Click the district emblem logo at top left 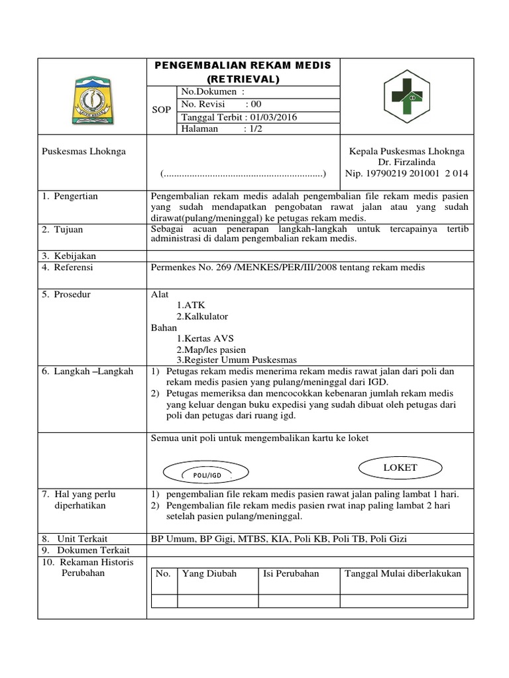pos(92,100)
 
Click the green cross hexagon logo pos(408,99)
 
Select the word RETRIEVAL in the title pos(247,79)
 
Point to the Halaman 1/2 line pos(221,129)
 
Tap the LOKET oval pos(400,467)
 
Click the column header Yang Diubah pos(209,573)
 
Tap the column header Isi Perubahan pos(291,573)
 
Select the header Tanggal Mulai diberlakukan pos(403,573)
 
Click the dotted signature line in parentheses pos(243,174)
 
